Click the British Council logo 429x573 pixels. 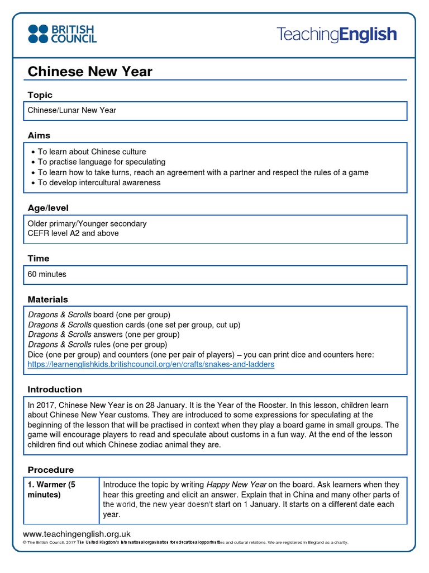(x=62, y=34)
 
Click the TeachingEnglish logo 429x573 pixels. (x=336, y=35)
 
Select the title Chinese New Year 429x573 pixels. (x=90, y=72)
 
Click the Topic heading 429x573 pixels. (x=40, y=95)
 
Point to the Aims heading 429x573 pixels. (x=39, y=135)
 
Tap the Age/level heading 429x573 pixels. (x=48, y=208)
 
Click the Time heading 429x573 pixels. (x=39, y=259)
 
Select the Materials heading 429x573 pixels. (x=48, y=299)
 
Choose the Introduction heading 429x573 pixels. (x=55, y=389)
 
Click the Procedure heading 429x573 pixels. (x=51, y=470)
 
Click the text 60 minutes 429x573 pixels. (x=47, y=274)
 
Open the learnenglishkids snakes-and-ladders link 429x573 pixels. (x=151, y=364)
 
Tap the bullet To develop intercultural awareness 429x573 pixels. (x=99, y=182)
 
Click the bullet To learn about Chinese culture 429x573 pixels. (x=92, y=152)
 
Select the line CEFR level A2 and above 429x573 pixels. (x=73, y=233)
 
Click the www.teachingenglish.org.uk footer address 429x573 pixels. (x=77, y=534)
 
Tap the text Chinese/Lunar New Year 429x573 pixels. (x=72, y=110)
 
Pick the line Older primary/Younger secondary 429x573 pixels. (x=87, y=223)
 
